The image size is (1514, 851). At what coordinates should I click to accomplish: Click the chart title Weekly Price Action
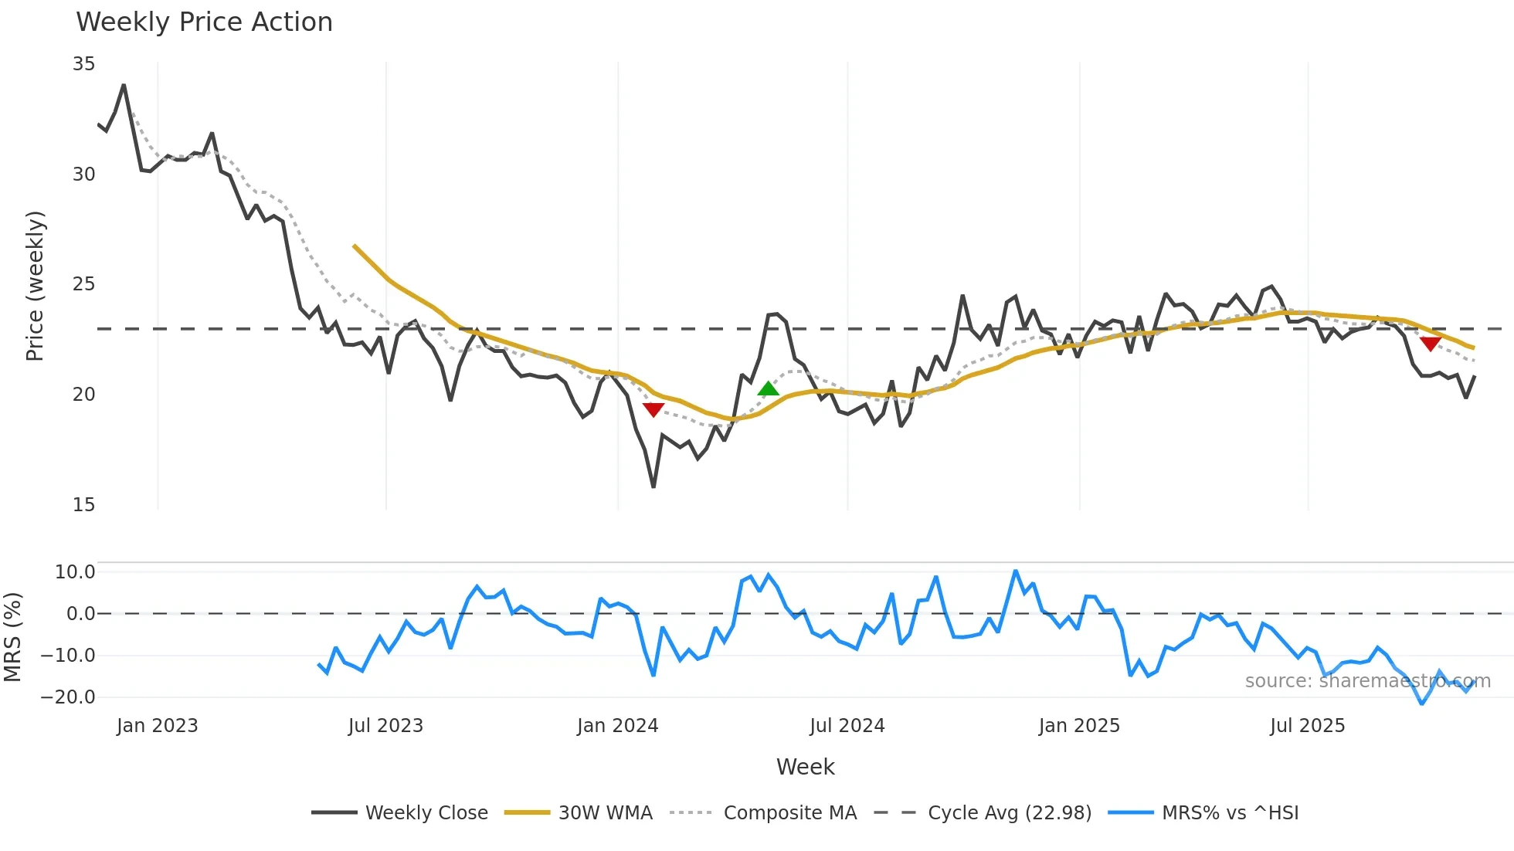(x=204, y=22)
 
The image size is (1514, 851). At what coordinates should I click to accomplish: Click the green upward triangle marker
(x=768, y=388)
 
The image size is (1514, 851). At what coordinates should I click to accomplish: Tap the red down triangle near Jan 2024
(x=653, y=409)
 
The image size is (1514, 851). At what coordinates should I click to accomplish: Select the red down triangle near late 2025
(x=1431, y=344)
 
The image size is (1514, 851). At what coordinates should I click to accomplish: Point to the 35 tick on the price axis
(x=84, y=64)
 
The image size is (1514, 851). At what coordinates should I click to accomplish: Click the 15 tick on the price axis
(x=84, y=505)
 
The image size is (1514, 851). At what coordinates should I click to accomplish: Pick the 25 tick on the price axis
(x=84, y=284)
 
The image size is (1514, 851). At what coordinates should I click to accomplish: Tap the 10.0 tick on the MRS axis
(x=75, y=572)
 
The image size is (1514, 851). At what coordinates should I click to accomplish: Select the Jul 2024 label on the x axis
(x=847, y=726)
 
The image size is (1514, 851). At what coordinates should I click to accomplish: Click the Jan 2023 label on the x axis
(x=157, y=726)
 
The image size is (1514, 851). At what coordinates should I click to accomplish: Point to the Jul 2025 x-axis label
(x=1307, y=726)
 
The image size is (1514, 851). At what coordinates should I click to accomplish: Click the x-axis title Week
(x=805, y=767)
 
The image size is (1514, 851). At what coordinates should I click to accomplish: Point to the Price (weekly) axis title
(x=35, y=286)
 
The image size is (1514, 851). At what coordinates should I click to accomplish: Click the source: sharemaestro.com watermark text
(x=1367, y=681)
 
